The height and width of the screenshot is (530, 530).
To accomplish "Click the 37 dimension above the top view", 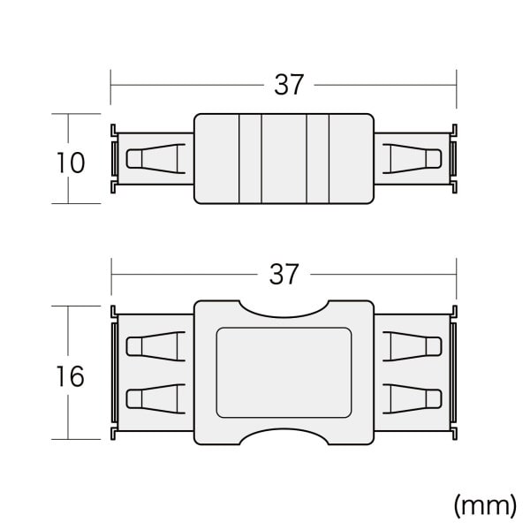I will point(289,85).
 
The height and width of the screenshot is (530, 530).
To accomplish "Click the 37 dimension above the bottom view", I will point(284,275).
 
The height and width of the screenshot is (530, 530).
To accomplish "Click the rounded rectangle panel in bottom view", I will point(284,373).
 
